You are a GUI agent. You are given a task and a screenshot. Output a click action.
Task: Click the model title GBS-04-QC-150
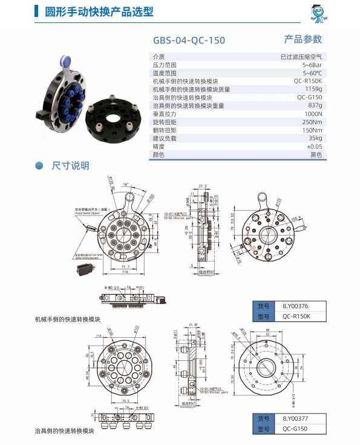pyautogui.click(x=188, y=41)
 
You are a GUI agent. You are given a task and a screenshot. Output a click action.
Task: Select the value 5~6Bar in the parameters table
pyautogui.click(x=312, y=64)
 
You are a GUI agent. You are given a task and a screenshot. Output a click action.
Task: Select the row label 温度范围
pyautogui.click(x=166, y=73)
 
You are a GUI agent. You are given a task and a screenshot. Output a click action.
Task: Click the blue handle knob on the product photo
pyautogui.click(x=65, y=61)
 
